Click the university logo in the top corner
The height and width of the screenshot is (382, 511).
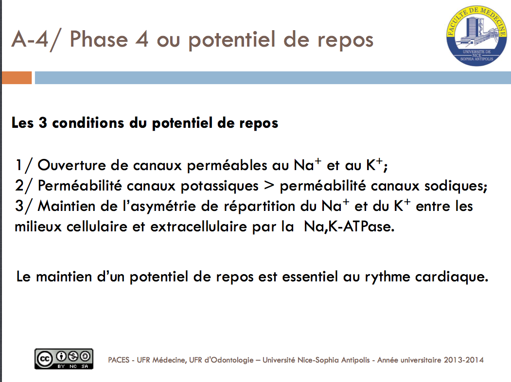tap(476, 35)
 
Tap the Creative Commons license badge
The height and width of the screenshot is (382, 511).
tap(64, 359)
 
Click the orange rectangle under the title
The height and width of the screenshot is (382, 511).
tap(17, 77)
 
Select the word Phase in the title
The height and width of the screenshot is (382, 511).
tap(99, 39)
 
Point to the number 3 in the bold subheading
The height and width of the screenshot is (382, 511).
tap(43, 123)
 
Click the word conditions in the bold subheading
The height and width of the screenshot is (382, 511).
tap(88, 123)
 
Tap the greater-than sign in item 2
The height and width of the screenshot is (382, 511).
tap(269, 186)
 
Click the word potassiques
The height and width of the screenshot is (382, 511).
tap(220, 186)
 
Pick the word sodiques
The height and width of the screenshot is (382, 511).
tap(456, 186)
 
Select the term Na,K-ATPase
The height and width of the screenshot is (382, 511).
tap(349, 226)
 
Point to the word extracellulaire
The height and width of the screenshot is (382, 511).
tap(199, 226)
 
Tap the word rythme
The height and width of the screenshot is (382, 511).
tap(387, 277)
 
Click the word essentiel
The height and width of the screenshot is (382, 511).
tap(310, 277)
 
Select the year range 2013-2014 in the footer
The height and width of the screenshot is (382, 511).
tap(463, 360)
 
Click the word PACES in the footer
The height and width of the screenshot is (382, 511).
tap(119, 360)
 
